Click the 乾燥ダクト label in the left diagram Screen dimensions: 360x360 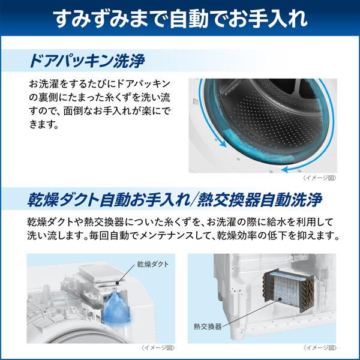click(x=152, y=264)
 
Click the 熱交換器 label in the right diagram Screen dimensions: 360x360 click(x=207, y=327)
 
